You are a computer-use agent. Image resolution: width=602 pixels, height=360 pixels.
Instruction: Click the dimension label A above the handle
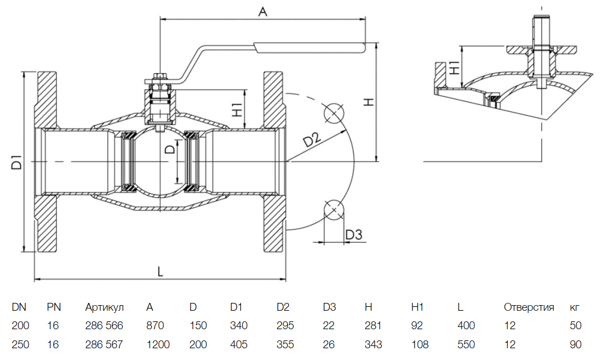[262, 10]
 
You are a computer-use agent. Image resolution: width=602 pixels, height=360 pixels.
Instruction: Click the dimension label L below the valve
[160, 271]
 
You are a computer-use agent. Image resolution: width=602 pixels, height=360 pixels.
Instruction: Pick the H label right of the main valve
[368, 102]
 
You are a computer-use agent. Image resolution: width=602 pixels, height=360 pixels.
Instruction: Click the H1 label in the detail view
[455, 67]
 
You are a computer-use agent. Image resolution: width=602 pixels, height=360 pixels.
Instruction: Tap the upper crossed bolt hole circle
[334, 113]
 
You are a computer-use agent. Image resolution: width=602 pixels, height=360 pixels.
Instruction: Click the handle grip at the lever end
[309, 48]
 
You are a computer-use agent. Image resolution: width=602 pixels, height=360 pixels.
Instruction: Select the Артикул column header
[104, 307]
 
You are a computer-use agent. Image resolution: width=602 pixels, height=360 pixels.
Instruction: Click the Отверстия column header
[529, 307]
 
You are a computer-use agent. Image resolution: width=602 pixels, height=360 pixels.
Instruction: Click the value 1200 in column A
[158, 344]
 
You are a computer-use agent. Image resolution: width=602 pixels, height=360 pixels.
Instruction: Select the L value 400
[466, 325]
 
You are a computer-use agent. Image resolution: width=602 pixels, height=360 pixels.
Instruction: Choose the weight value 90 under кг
[576, 344]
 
